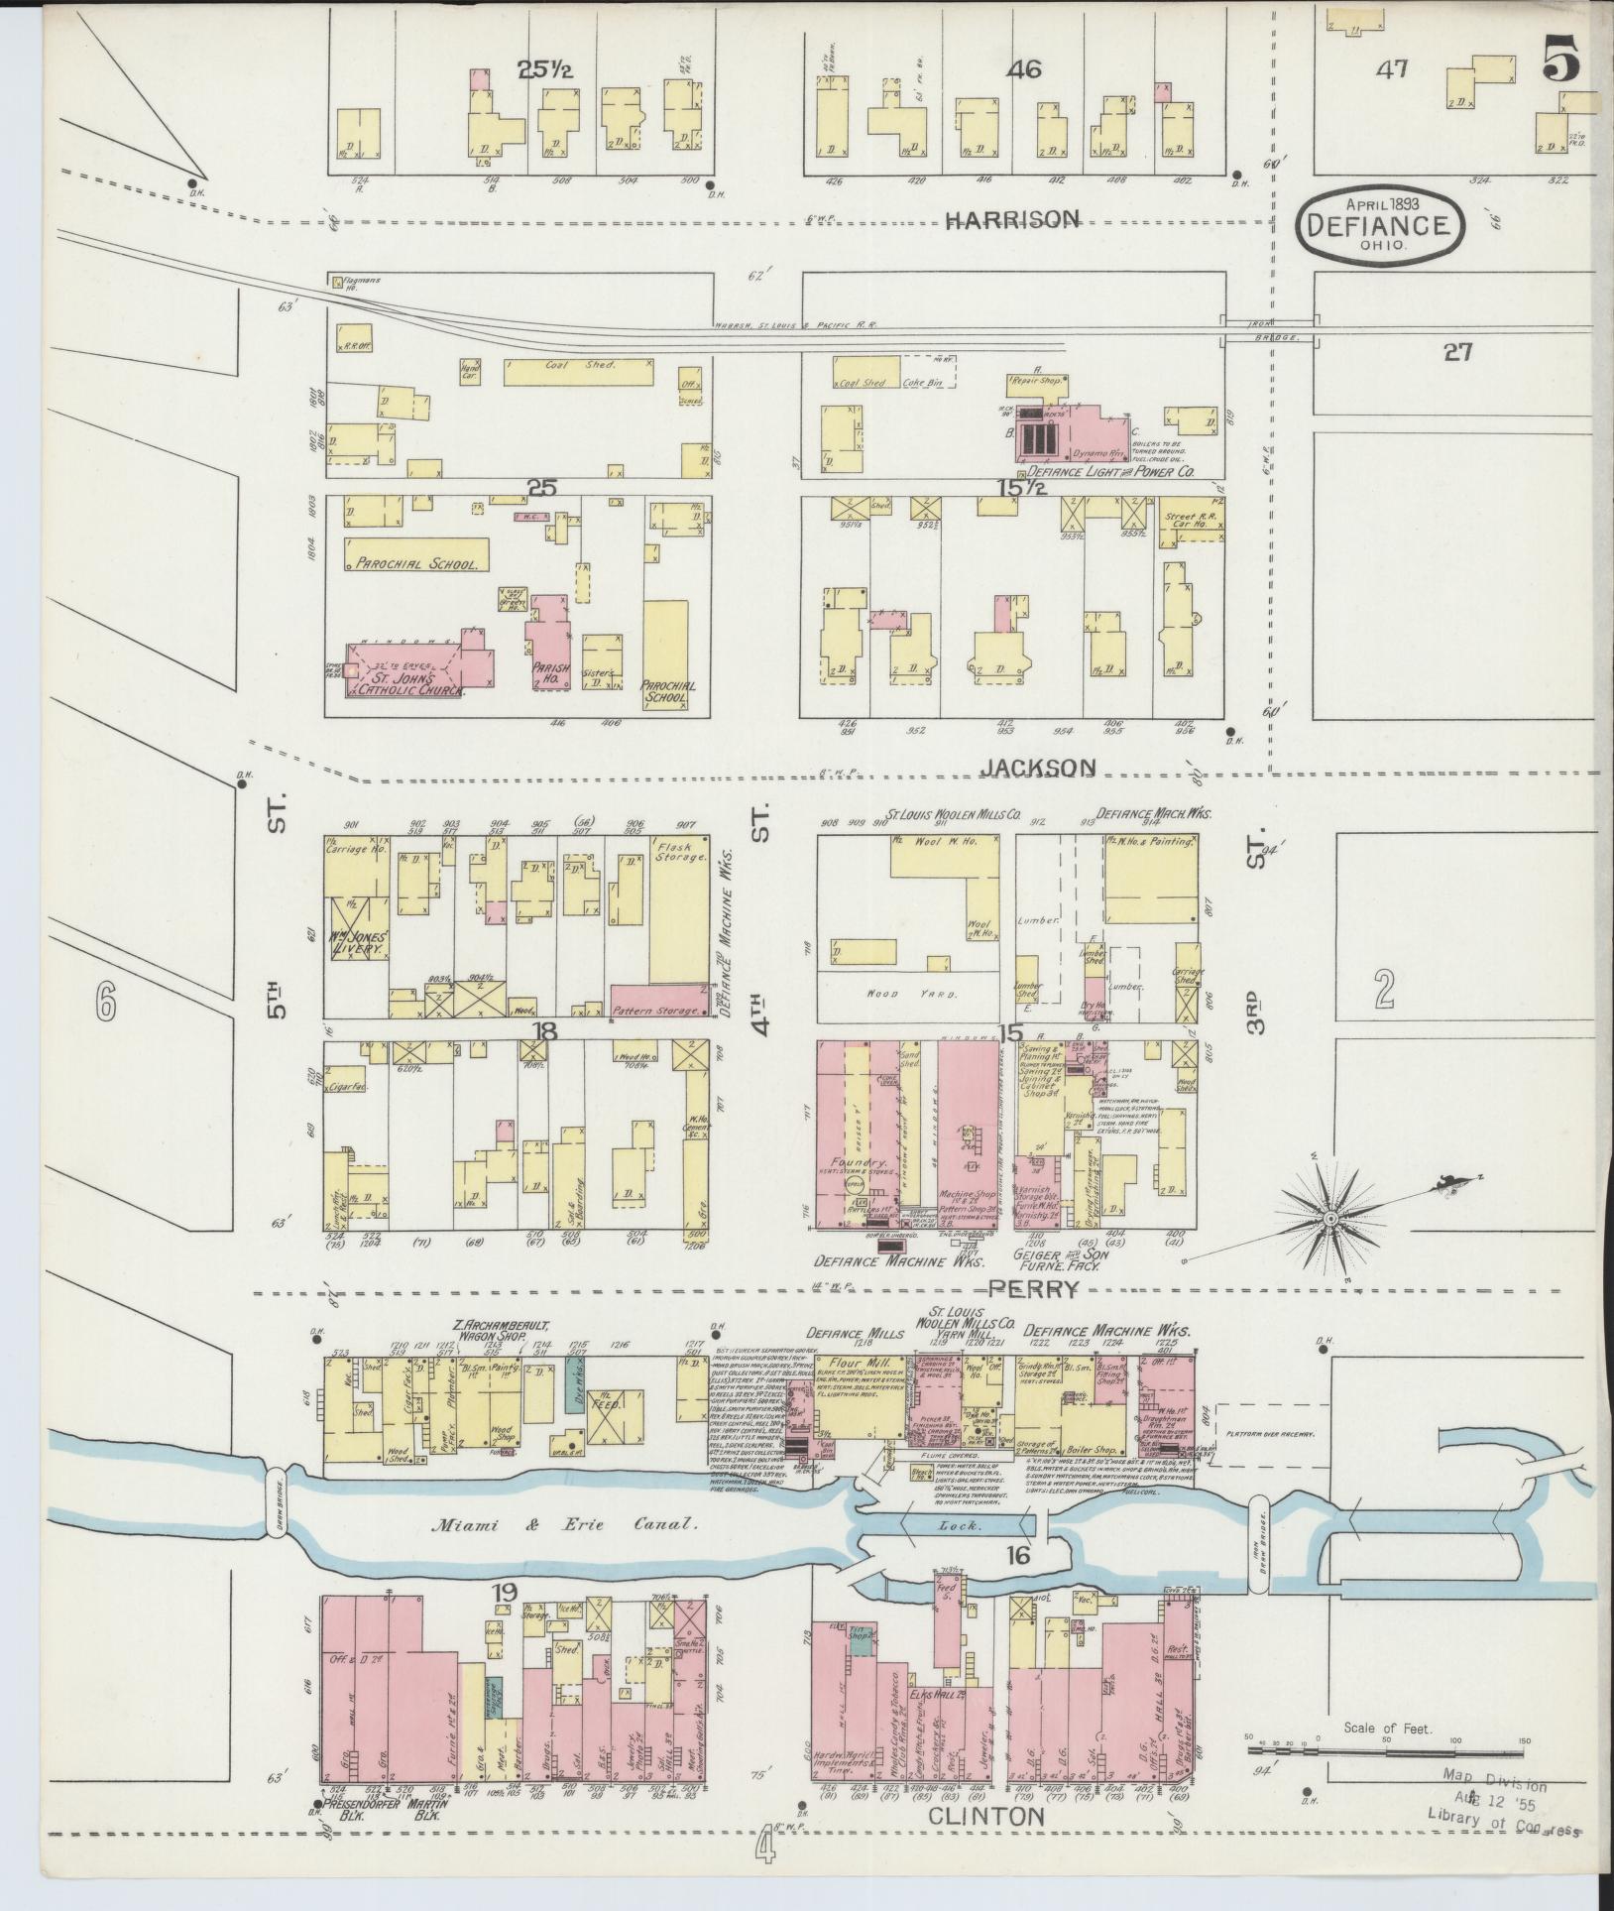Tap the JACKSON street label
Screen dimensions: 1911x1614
point(1039,768)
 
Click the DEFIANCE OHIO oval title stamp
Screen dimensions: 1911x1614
point(1377,223)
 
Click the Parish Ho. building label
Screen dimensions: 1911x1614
point(550,673)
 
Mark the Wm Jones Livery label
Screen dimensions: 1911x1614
point(362,942)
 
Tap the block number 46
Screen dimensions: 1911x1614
point(1022,69)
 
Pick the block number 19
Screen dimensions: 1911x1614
point(506,1620)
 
